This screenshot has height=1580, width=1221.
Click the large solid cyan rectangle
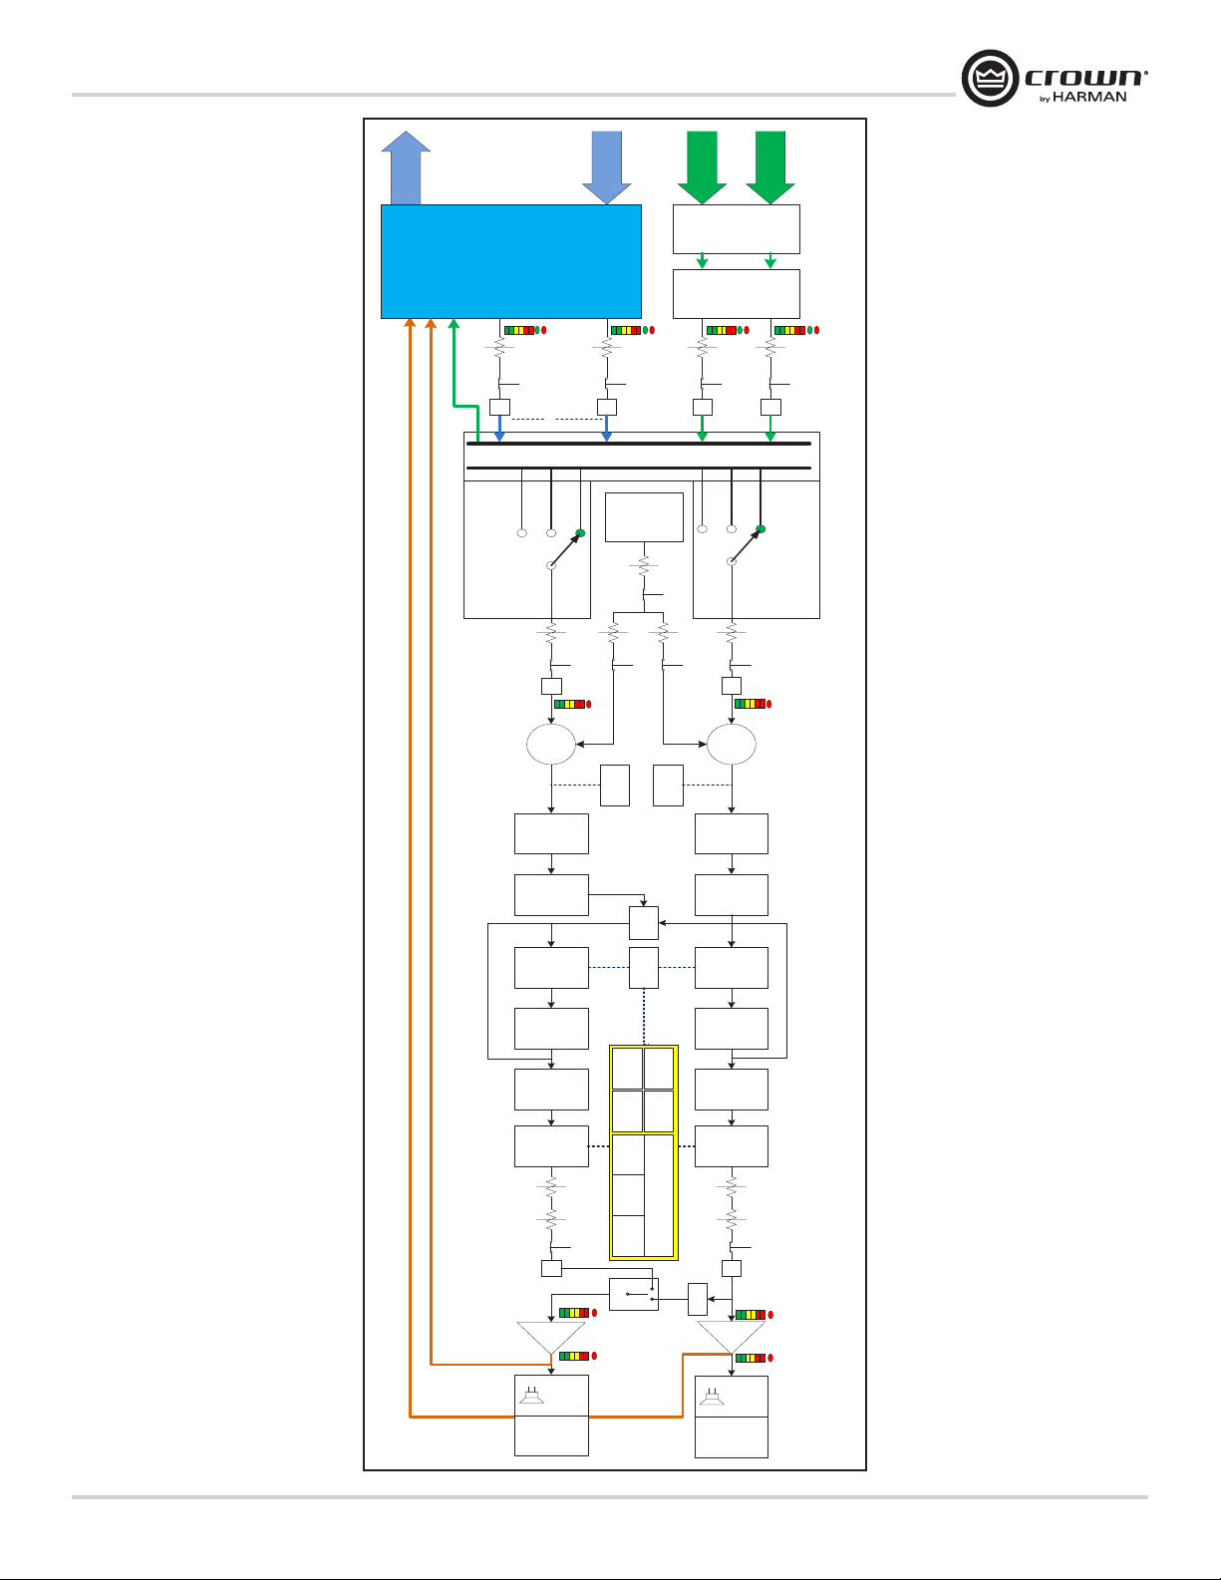(510, 261)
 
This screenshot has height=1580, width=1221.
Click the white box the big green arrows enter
(736, 229)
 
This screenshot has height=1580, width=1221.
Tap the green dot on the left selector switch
(581, 533)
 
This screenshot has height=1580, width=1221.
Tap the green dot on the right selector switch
(761, 528)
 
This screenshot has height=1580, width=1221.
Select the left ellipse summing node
(551, 744)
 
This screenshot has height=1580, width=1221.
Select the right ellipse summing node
(732, 744)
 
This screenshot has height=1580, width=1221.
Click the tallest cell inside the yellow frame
(660, 1195)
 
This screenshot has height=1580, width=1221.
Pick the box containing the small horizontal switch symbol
(634, 1295)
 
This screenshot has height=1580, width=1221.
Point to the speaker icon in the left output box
(530, 1395)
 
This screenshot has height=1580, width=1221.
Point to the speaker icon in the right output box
(712, 1396)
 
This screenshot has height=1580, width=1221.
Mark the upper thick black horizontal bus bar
(638, 444)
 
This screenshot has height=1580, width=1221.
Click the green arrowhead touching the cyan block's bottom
(454, 324)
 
